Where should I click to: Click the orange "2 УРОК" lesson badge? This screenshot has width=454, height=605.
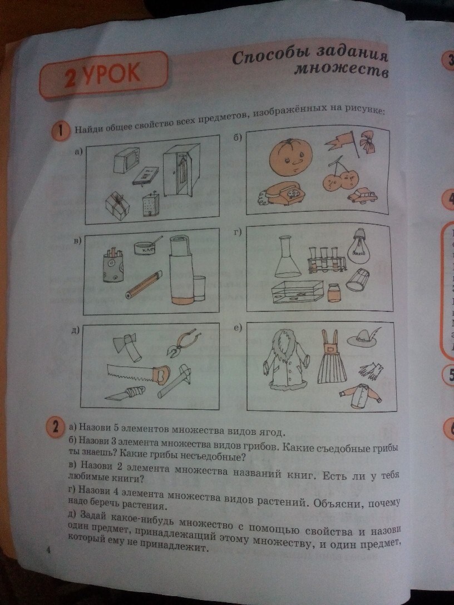point(103,74)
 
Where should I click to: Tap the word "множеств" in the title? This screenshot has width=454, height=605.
point(342,70)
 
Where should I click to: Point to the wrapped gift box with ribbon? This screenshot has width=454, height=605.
point(117,204)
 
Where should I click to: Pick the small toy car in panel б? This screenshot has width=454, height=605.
point(362,195)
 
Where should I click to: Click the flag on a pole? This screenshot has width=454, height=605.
point(341,143)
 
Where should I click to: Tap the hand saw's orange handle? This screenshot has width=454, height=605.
point(161,374)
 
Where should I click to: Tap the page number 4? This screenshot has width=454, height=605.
point(48,551)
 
